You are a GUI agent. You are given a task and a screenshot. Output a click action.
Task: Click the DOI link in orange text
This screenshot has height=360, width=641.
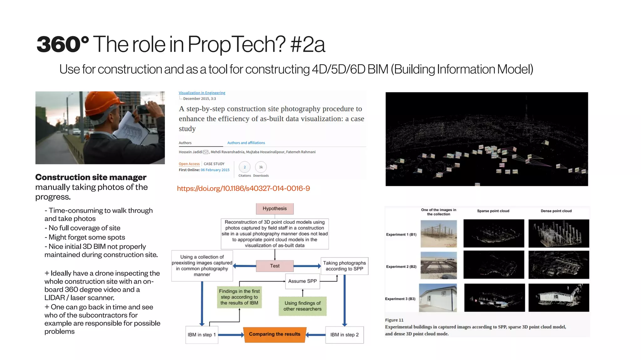coord(243,188)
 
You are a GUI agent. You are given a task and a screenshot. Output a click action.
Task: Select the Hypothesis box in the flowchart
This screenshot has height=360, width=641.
coord(274,208)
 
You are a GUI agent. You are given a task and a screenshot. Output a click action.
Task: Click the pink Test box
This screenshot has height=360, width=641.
coord(274,266)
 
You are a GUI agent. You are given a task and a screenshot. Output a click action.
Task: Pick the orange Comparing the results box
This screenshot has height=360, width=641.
coord(274,334)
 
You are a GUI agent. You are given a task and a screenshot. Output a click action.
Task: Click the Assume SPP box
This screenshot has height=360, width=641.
coord(302,281)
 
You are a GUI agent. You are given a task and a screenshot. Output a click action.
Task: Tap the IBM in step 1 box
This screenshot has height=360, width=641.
coord(202,335)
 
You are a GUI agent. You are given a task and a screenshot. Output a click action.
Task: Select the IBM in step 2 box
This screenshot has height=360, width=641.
coord(344,335)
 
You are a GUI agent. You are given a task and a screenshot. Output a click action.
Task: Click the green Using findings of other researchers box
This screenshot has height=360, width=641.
coord(302,306)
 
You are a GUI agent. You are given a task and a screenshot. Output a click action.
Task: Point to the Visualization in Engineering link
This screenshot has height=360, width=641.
coord(202,93)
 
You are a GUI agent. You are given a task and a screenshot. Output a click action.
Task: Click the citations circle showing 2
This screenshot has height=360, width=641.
coord(244,167)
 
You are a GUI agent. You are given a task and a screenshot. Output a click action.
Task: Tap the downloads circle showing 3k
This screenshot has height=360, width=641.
coord(261,167)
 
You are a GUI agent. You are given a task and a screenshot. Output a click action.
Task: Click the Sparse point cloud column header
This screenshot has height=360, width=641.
coord(493,211)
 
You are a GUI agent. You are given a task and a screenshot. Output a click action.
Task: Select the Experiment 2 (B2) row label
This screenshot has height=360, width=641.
coord(401,267)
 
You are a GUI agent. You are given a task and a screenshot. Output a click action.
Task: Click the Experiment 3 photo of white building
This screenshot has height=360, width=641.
coord(438,298)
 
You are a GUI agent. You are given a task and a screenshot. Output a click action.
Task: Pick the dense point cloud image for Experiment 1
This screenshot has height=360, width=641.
coord(559,234)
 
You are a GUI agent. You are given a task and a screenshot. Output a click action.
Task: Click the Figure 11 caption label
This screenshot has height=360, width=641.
coord(394,320)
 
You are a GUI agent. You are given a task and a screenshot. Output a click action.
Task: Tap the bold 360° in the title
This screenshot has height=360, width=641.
coord(63,44)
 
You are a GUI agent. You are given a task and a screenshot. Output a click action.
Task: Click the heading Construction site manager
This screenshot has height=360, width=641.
coord(91,177)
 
